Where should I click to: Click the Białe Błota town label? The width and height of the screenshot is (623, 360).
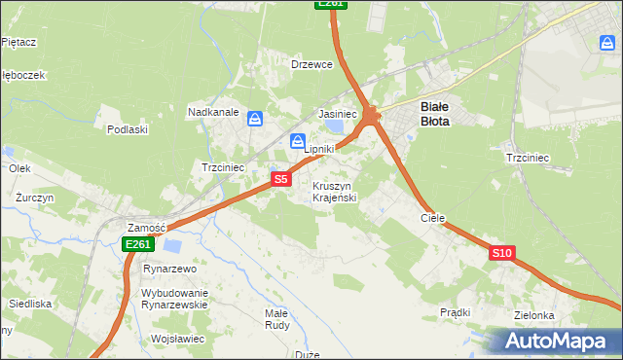[433, 115]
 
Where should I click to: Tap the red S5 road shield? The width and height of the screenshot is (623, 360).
[280, 179]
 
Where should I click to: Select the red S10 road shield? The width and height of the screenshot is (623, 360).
[501, 253]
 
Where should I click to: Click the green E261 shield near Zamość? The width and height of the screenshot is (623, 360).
[137, 244]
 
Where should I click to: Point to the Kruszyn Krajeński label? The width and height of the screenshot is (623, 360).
[335, 192]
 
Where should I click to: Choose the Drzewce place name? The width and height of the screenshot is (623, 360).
[312, 64]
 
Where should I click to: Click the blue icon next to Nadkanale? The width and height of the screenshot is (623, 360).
[255, 119]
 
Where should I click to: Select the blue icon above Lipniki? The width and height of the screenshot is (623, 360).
[298, 142]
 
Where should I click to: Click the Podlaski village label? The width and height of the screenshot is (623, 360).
[128, 129]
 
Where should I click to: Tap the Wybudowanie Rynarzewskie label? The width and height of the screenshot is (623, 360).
[174, 299]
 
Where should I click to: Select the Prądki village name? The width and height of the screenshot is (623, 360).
[455, 312]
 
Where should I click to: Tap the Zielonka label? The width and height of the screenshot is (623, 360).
[534, 316]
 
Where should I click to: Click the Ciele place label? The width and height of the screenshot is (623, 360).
[432, 219]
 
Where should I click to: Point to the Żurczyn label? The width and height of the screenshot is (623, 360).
[34, 198]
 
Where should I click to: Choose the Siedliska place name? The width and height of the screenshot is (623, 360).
[30, 304]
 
